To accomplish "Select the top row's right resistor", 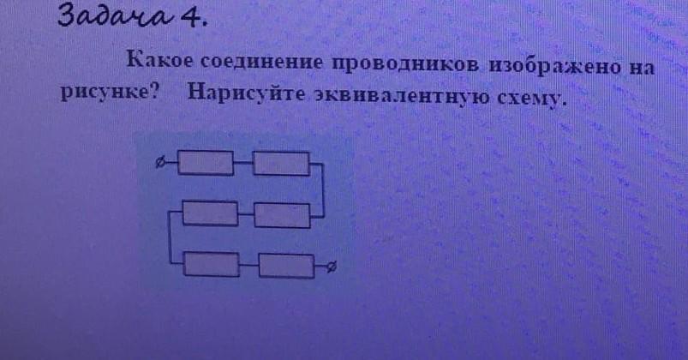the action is point(281,162).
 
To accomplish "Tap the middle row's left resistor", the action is point(210,213).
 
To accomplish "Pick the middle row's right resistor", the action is point(282,214).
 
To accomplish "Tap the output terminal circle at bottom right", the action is point(331,267).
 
